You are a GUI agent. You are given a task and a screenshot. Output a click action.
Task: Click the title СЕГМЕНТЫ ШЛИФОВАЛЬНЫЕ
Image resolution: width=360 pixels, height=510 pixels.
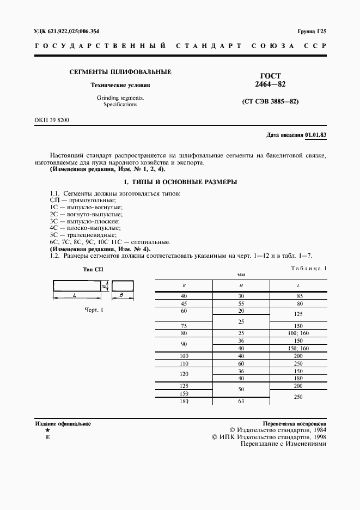[x=120, y=72]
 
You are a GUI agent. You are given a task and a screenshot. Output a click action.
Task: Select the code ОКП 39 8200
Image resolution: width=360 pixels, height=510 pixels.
[x=52, y=119]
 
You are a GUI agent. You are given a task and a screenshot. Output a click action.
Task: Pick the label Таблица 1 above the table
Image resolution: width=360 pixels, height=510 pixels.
[x=308, y=268]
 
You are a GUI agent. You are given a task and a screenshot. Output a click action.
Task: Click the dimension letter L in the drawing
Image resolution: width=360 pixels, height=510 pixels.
[x=74, y=295]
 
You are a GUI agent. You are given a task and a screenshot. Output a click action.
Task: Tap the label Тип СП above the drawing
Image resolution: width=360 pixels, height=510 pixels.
[x=92, y=270]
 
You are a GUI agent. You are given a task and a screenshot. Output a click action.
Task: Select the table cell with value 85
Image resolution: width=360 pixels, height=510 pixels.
[x=298, y=296]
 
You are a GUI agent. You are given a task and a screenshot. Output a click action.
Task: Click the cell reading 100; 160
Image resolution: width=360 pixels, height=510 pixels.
[x=298, y=332]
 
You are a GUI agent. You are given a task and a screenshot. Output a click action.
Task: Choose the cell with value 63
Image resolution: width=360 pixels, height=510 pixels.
[x=241, y=402]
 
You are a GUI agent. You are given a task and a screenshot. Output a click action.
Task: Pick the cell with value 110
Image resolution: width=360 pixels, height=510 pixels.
[x=184, y=363]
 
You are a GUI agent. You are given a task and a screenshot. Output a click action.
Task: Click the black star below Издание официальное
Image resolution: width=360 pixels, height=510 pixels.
[x=47, y=430]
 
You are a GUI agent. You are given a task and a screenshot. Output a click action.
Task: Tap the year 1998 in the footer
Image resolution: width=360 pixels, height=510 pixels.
[x=317, y=436]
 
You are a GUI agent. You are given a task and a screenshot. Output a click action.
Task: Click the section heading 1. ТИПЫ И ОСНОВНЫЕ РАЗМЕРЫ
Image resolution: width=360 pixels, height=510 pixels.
[x=180, y=182]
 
